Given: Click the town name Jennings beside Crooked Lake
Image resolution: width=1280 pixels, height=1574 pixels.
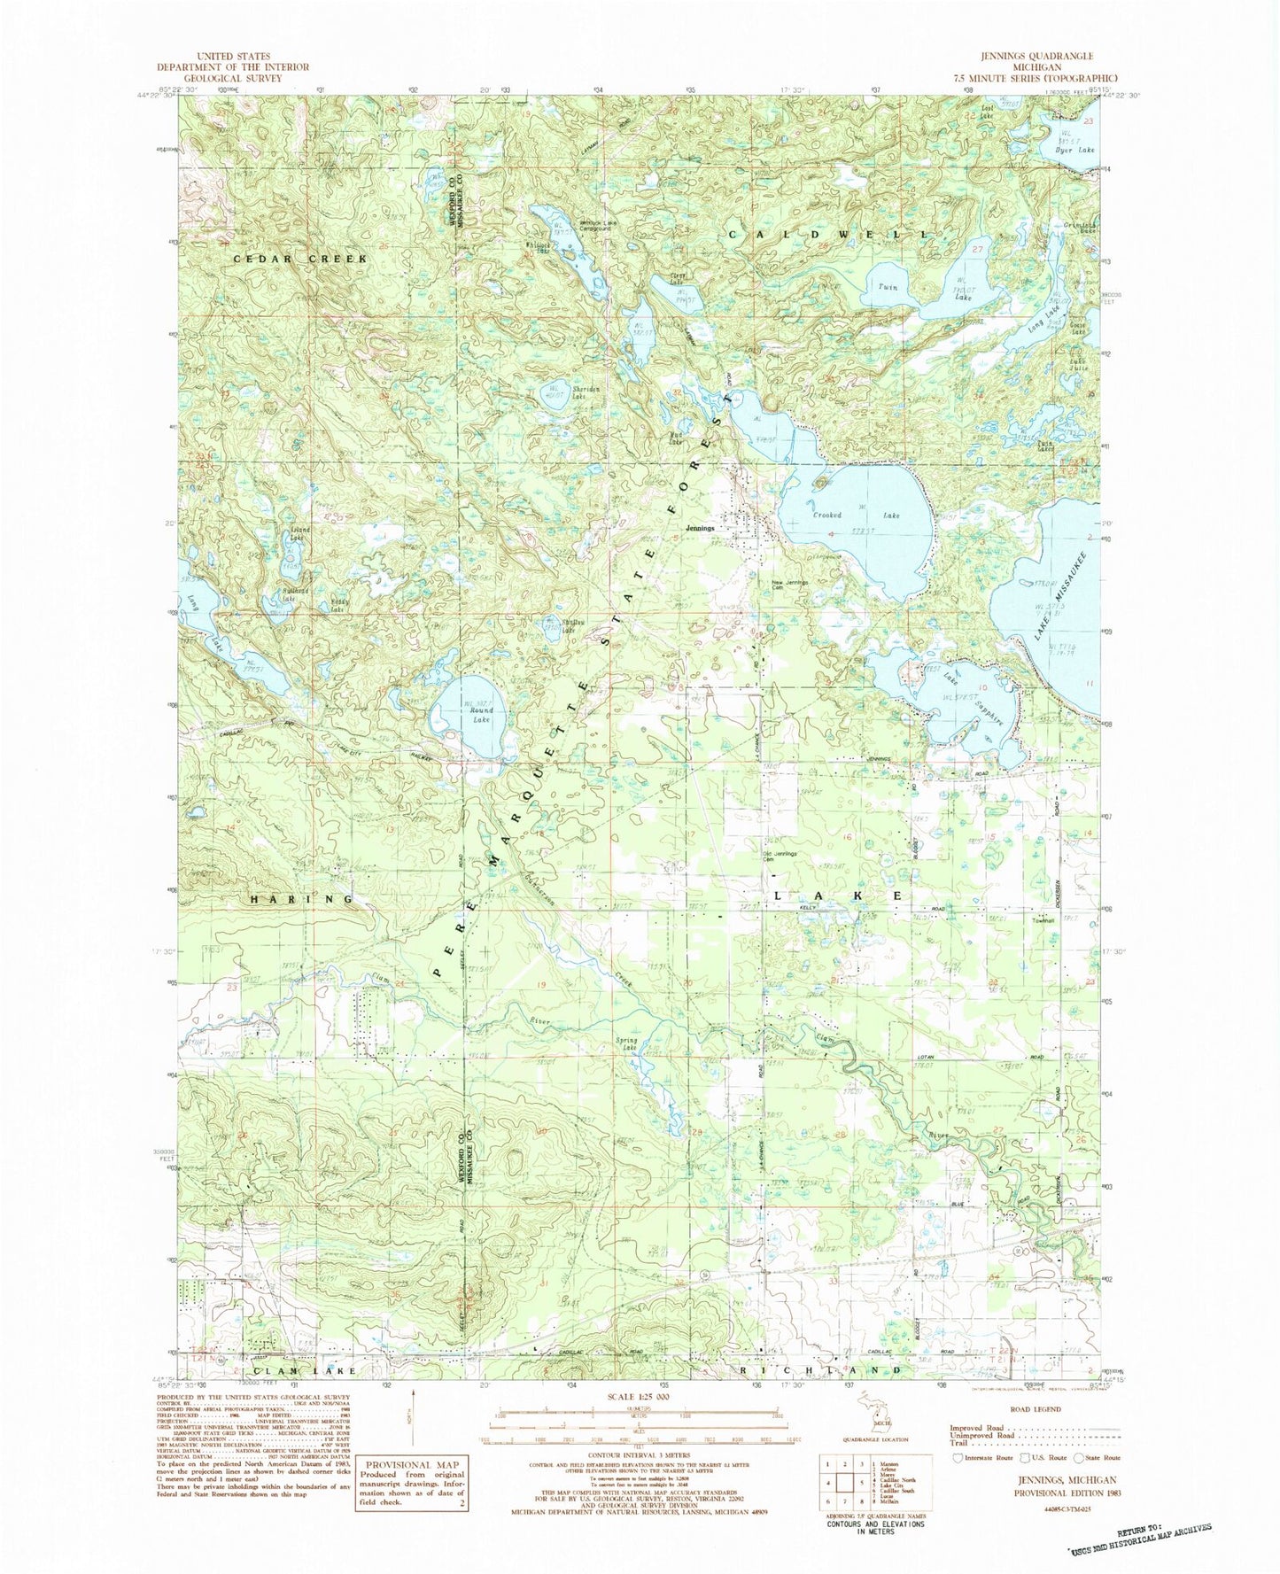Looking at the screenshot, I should coord(699,529).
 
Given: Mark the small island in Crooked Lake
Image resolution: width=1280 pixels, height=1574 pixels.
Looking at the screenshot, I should coord(820,483).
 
